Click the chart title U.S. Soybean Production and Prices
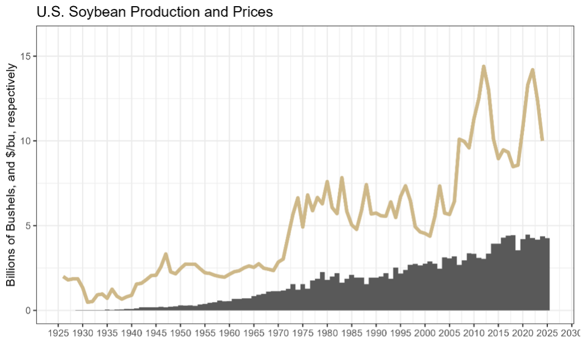coord(154,12)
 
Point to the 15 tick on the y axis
coord(27,56)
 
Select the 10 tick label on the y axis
coord(27,141)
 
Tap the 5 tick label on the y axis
coord(29,226)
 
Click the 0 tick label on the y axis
coord(29,310)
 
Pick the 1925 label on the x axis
coord(58,333)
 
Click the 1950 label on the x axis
coord(180,333)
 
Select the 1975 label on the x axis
coord(302,333)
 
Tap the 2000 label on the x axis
coord(425,333)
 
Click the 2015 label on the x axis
coord(498,333)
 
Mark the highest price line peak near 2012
coord(484,67)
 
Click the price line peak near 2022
coord(533,70)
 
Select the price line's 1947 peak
coord(165,254)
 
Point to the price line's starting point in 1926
coord(63,277)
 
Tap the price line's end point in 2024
coord(542,140)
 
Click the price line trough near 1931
coord(88,302)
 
